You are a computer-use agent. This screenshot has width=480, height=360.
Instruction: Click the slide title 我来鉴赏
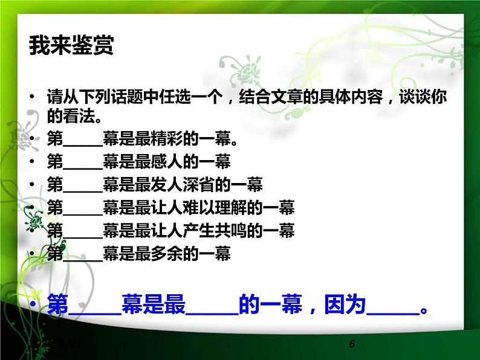pyautogui.click(x=71, y=46)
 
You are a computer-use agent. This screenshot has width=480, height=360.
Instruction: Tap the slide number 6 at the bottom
pyautogui.click(x=352, y=344)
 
